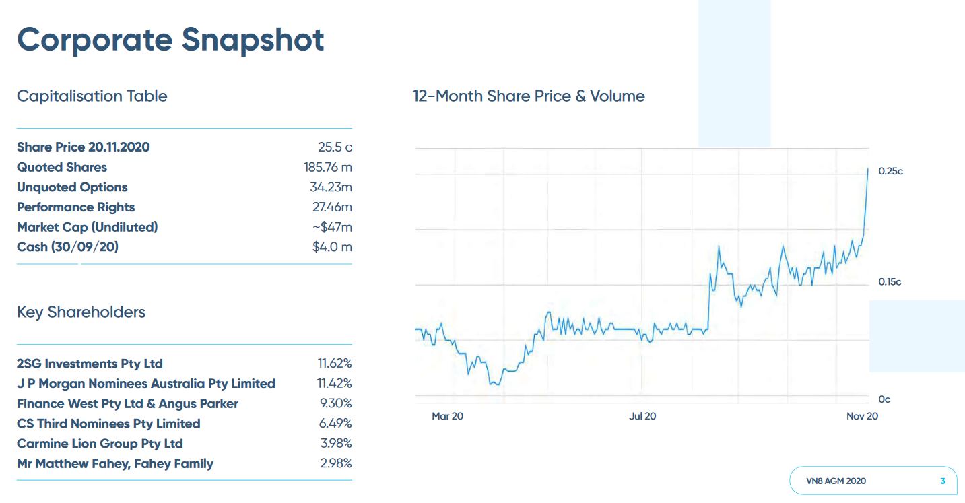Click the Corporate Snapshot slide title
tap(170, 40)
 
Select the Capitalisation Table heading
tap(92, 96)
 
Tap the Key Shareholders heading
tap(81, 312)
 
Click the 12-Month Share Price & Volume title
tap(529, 96)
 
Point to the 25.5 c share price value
tap(335, 147)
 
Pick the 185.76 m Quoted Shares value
tap(327, 167)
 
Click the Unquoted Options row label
tap(72, 187)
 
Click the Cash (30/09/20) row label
tap(67, 247)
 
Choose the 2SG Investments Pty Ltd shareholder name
tap(90, 364)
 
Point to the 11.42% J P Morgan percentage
tap(335, 384)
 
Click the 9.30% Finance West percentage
tap(336, 404)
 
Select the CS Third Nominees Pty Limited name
tap(108, 424)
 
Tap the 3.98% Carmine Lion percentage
tap(336, 444)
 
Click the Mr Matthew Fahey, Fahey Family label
tap(115, 464)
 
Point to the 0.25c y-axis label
tap(890, 172)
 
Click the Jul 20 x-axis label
tap(642, 416)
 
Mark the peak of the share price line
tap(867, 168)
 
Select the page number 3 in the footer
tap(943, 481)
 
